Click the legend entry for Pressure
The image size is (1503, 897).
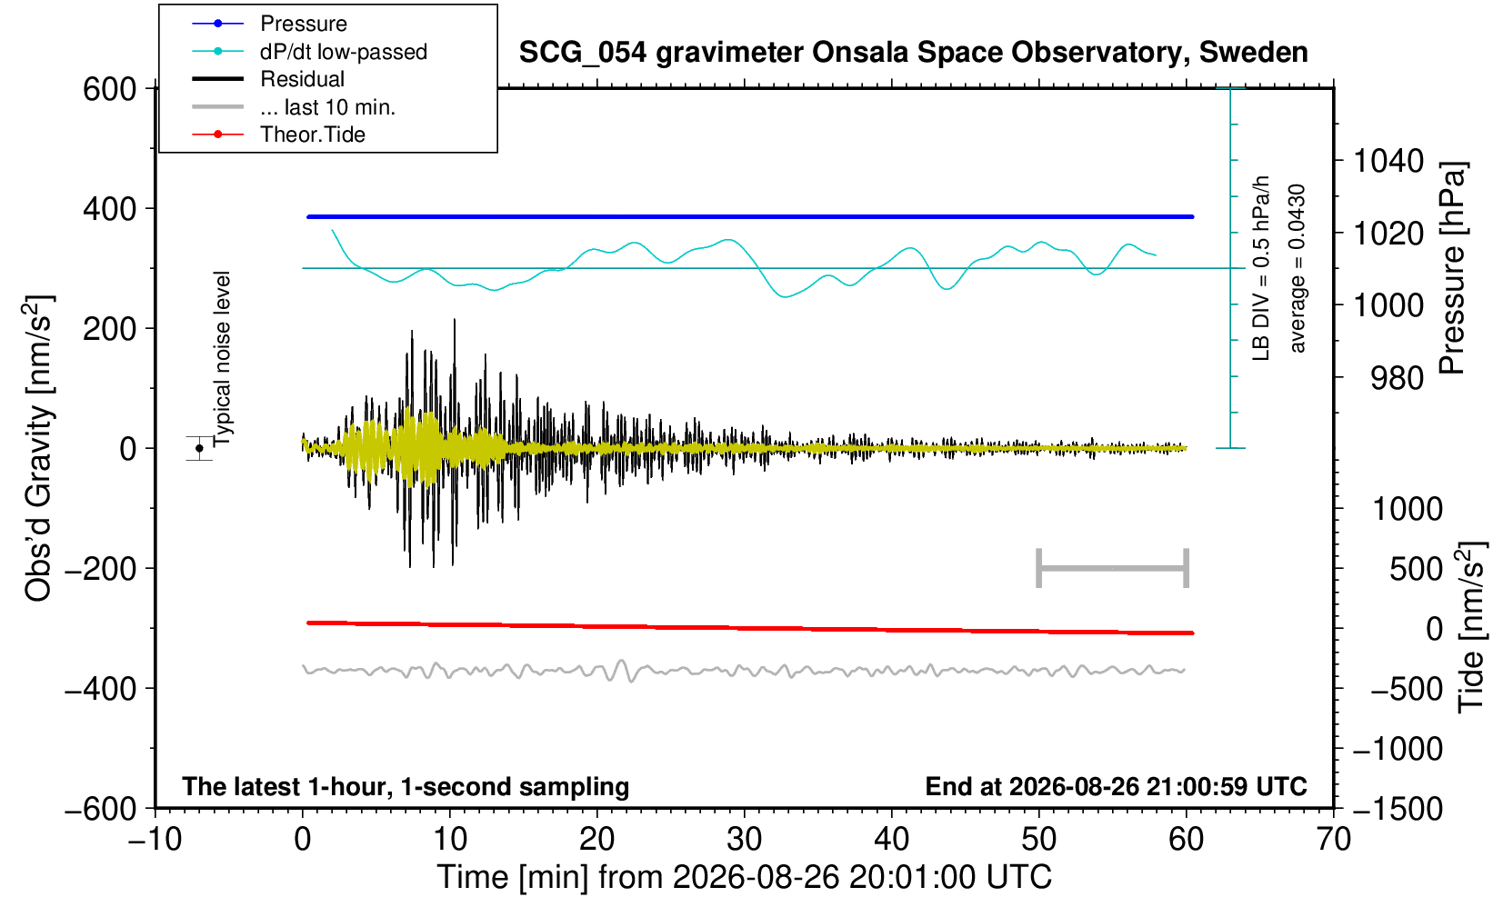[304, 25]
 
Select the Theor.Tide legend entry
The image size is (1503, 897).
[313, 135]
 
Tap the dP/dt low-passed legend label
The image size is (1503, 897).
[344, 52]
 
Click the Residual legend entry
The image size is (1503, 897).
[302, 79]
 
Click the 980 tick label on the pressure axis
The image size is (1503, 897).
[1397, 378]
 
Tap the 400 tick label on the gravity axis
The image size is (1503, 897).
[110, 209]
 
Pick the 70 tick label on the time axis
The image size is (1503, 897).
[1333, 840]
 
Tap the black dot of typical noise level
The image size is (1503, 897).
[199, 448]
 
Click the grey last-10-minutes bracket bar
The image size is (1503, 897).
[1113, 568]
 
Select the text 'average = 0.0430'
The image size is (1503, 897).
[1298, 268]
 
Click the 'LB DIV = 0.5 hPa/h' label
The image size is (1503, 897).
[1261, 268]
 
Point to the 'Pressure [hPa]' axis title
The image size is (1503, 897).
[1453, 268]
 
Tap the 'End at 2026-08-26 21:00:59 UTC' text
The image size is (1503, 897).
[1116, 786]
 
